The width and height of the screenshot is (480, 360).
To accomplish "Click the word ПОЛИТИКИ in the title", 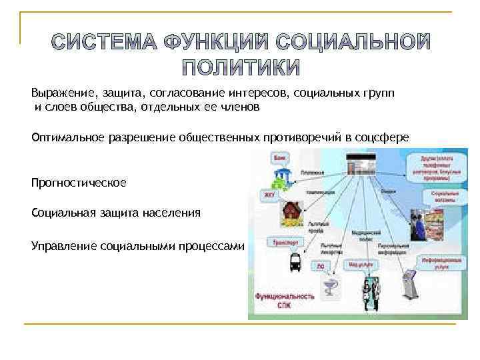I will click(241, 68).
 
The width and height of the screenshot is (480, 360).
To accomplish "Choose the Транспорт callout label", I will click(285, 243).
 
